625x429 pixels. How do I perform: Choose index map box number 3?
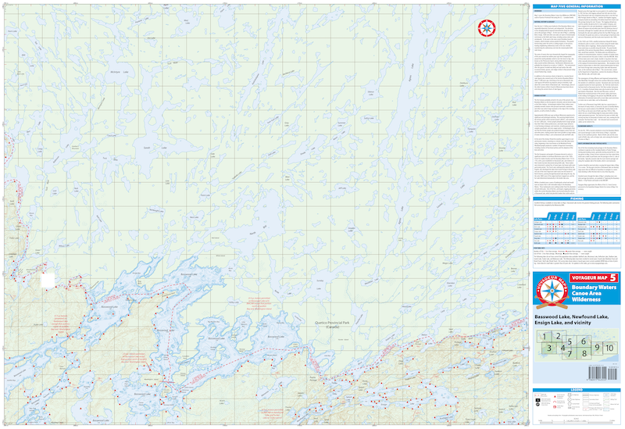point(550,349)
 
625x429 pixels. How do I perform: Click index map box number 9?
point(598,348)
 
